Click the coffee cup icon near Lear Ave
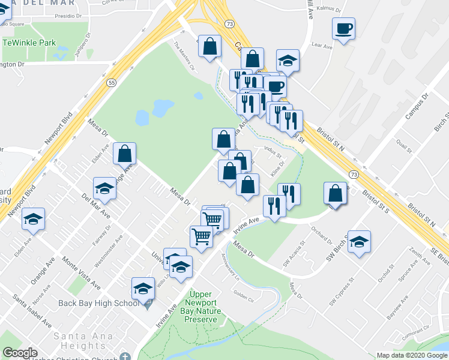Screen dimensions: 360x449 coord(343,28)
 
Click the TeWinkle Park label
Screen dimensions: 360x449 coord(29,43)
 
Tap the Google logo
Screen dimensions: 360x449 coord(20,353)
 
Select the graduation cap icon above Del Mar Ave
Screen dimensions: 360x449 coord(104,188)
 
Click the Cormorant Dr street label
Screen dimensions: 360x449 coord(418,347)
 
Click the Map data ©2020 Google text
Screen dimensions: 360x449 coord(411,355)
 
